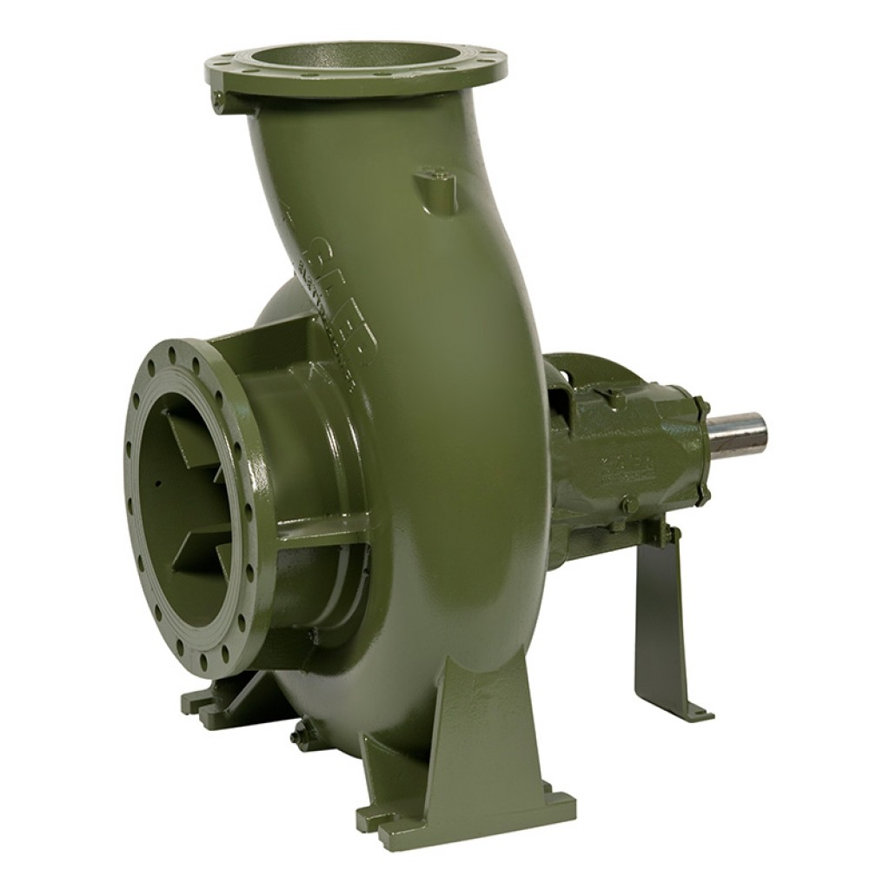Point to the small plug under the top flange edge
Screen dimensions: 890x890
(217, 101)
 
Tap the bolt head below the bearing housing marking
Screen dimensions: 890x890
(630, 503)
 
